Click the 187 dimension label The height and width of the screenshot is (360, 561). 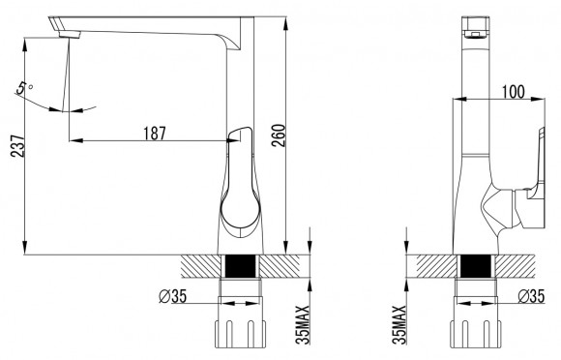pos(155,134)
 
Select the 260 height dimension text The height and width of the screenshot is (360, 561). pos(279,135)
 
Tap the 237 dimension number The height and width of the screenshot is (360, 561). pos(17,146)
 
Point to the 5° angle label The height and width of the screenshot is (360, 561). pos(24,87)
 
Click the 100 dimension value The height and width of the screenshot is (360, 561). pos(514,92)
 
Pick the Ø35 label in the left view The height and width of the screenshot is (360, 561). pos(173,296)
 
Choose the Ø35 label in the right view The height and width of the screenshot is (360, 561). pos(531,296)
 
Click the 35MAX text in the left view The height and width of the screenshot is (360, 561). pos(303,324)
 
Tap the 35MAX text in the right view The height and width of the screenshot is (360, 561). pos(399,324)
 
